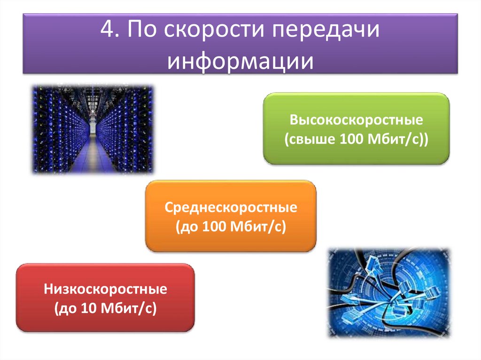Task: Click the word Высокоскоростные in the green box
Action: tap(356, 120)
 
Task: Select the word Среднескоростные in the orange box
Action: tap(231, 207)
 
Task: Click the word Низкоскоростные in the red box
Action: tap(106, 289)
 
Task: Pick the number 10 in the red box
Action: tap(89, 309)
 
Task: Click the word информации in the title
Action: tap(240, 61)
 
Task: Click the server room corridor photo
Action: tap(93, 129)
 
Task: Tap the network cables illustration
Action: tap(388, 292)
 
